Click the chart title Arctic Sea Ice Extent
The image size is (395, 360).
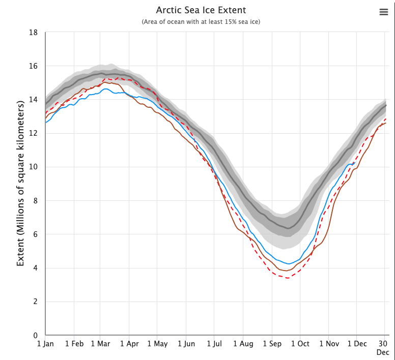point(201,11)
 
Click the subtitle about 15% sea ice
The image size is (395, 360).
point(201,22)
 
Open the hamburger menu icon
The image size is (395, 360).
point(384,13)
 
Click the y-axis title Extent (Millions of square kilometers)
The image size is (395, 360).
point(21,184)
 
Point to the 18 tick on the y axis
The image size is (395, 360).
point(34,33)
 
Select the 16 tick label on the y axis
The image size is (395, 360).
point(34,66)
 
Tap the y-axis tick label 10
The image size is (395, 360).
point(34,167)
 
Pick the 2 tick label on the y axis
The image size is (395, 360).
point(36,302)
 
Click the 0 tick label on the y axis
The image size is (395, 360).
point(36,336)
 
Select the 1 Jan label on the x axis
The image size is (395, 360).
point(45,344)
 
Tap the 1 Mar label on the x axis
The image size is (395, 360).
point(100,344)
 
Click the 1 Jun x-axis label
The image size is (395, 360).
point(186,344)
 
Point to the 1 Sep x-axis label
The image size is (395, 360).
point(272,344)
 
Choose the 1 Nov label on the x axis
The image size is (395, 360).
point(328,344)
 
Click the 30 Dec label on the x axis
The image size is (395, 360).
point(383,348)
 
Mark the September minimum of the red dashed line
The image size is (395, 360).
point(288,278)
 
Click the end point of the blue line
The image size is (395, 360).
point(354,163)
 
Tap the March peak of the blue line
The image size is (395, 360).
point(105,89)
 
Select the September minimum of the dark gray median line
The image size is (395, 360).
point(288,228)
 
